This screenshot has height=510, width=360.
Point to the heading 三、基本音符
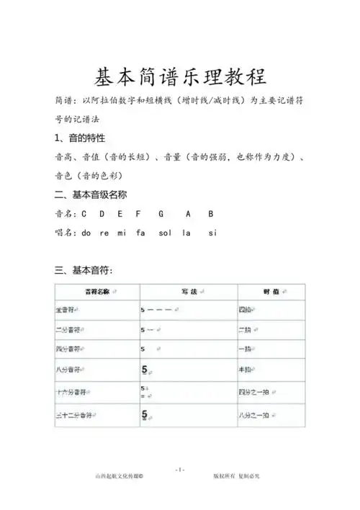tap(84, 270)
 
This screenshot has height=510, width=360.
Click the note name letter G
tap(161, 214)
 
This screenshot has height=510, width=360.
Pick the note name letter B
tap(211, 214)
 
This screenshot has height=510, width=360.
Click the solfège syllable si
tap(212, 233)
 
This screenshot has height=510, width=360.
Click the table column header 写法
tap(185, 292)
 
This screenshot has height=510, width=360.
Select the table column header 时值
tap(270, 292)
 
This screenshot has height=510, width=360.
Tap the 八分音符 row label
tap(71, 372)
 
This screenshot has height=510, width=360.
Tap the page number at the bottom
tap(180, 469)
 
